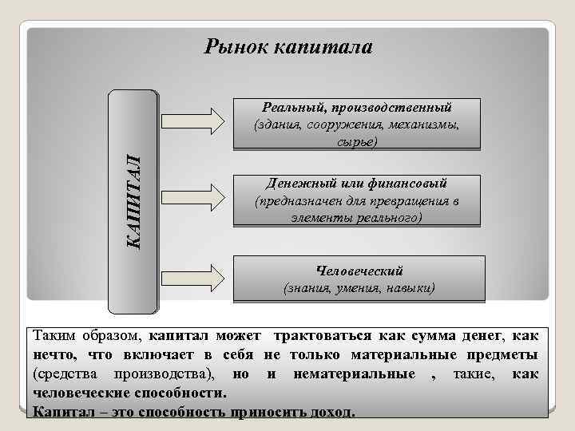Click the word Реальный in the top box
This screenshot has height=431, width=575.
click(x=289, y=107)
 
